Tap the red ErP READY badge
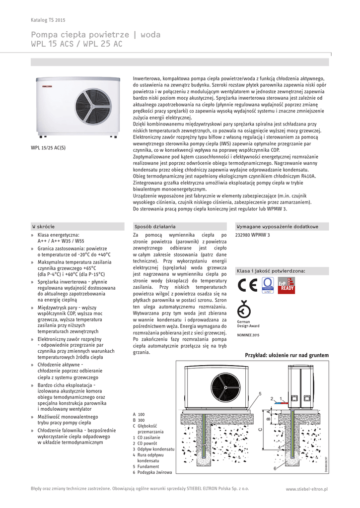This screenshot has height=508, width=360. click(x=287, y=286)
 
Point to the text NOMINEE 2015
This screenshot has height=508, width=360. click(x=248, y=335)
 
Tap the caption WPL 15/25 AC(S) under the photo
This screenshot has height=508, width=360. click(x=48, y=147)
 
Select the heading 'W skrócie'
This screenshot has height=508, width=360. click(x=43, y=226)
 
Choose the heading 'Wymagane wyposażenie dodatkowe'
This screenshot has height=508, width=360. click(x=277, y=226)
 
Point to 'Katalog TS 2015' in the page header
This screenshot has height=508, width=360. click(x=48, y=20)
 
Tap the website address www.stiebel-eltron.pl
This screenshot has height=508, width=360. click(x=307, y=489)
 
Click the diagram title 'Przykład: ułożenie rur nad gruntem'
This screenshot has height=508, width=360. click(x=287, y=355)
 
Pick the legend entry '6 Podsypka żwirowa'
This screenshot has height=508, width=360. click(x=152, y=473)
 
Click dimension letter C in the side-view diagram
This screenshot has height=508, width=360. click(x=260, y=429)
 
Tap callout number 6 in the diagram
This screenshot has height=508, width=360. click(x=275, y=468)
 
